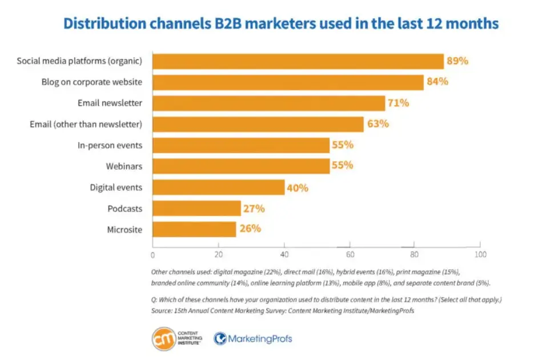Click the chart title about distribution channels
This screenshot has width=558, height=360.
click(280, 23)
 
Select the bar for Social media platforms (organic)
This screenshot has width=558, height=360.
click(298, 61)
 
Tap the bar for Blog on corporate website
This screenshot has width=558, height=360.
click(288, 82)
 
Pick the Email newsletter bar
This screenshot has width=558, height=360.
click(268, 103)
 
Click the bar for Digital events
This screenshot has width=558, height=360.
click(218, 187)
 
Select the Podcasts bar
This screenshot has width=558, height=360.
click(196, 209)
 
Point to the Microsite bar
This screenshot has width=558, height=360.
click(194, 229)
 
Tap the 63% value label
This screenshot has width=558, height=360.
click(378, 124)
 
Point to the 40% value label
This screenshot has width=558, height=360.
click(298, 187)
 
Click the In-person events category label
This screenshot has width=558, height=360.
click(110, 145)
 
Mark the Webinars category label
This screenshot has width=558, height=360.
click(124, 166)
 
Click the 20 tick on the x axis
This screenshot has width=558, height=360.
click(218, 254)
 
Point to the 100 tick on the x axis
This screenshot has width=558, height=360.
click(480, 254)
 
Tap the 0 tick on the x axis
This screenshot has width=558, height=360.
click(152, 254)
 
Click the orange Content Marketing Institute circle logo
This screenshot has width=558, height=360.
click(163, 339)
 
